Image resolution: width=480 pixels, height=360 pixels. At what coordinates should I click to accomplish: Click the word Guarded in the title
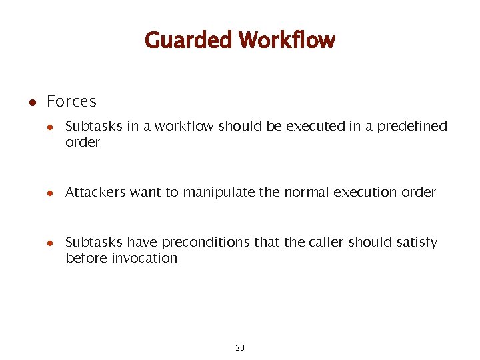pos(188,41)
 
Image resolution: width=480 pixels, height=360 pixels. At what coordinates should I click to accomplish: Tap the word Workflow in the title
pos(287,41)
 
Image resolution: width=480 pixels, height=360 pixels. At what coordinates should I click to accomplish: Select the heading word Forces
pos(71,102)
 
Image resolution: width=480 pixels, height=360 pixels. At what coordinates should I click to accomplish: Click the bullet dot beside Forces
pos(31,103)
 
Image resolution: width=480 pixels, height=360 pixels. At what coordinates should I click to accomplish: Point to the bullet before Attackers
pos(50,193)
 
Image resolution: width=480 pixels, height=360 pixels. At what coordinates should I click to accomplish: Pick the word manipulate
pos(219,193)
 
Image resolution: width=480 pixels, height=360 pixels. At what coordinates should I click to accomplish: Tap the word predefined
pos(412,127)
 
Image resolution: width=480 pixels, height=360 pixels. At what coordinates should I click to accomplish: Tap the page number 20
pos(240,348)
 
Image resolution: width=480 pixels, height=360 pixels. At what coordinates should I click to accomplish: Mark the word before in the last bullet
pos(85,259)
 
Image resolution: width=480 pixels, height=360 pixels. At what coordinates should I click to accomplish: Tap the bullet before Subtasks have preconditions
pos(50,243)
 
